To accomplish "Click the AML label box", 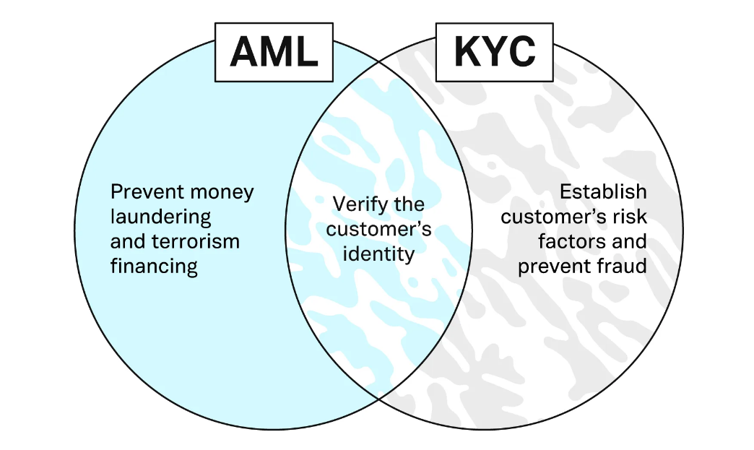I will pyautogui.click(x=274, y=51).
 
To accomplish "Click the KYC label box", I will pyautogui.click(x=495, y=51).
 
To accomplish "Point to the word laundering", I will pyautogui.click(x=160, y=217).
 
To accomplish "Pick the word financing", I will pyautogui.click(x=154, y=266).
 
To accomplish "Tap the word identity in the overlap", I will pyautogui.click(x=379, y=254).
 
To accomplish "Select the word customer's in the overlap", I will pyautogui.click(x=379, y=229).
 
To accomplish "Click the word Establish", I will pyautogui.click(x=603, y=192).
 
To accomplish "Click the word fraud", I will pyautogui.click(x=623, y=266).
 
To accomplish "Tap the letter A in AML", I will pyautogui.click(x=244, y=52).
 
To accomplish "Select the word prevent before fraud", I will pyautogui.click(x=554, y=266).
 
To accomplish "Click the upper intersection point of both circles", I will pyautogui.click(x=379, y=61).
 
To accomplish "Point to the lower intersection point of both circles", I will pyautogui.click(x=379, y=398).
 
